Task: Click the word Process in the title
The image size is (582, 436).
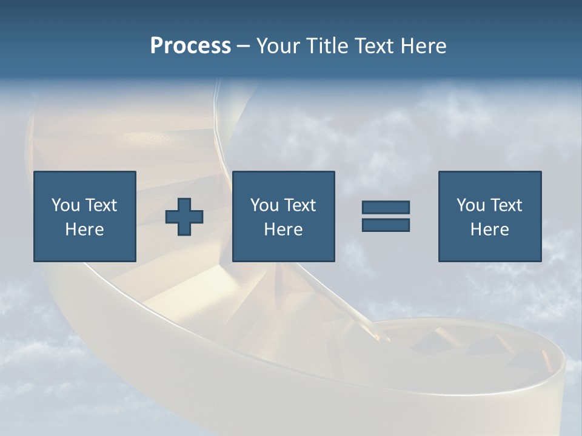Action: click(190, 46)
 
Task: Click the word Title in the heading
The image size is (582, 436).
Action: click(326, 46)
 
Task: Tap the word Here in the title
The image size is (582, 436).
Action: click(423, 46)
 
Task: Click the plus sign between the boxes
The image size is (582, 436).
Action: click(184, 217)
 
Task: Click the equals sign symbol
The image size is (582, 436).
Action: click(386, 216)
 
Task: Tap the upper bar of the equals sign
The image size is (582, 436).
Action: click(386, 208)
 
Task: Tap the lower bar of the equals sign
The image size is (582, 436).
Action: click(386, 225)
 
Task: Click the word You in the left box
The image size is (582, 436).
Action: click(65, 205)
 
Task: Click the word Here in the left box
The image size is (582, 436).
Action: click(84, 230)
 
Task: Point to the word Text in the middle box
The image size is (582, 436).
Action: click(299, 205)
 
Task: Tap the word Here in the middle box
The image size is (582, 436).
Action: click(283, 230)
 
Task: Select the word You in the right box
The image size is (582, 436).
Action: click(470, 205)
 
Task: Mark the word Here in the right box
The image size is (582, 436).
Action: click(489, 230)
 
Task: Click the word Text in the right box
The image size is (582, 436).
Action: click(506, 205)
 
